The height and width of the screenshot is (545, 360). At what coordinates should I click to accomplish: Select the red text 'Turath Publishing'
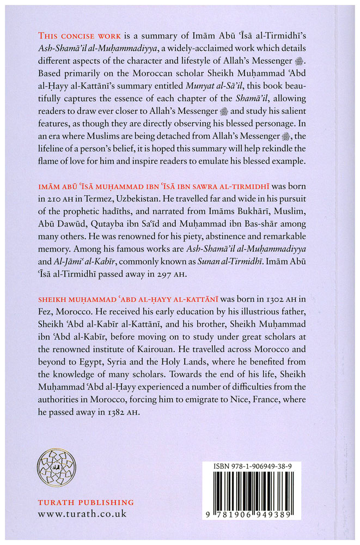pos(86,502)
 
